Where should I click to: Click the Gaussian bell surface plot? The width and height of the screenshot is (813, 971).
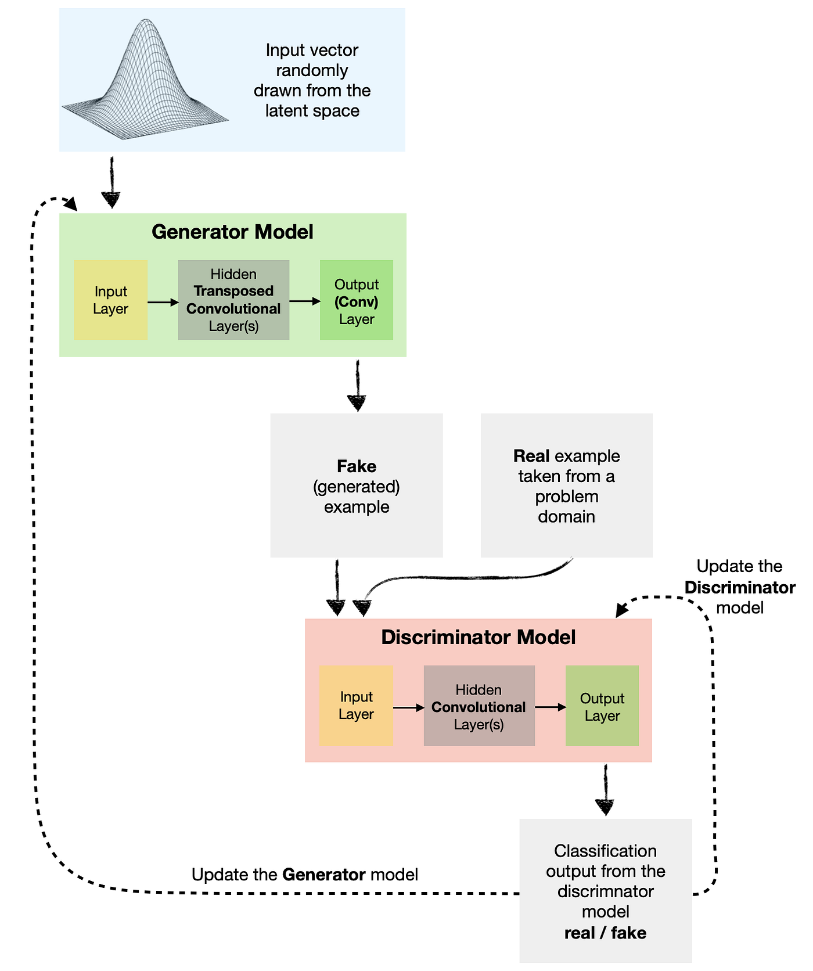(145, 81)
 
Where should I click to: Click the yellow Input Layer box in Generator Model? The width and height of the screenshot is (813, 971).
(110, 300)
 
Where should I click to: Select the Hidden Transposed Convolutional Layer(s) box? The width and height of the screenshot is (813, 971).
(233, 300)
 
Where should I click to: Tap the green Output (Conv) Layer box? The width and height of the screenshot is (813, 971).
(357, 300)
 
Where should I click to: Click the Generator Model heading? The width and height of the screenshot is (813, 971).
(232, 232)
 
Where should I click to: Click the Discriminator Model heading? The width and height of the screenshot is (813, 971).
(478, 637)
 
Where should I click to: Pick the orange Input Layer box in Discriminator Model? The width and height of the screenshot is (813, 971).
(356, 706)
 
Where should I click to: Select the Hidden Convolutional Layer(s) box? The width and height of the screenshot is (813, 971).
(479, 706)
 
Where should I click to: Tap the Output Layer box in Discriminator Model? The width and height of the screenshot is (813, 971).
(602, 706)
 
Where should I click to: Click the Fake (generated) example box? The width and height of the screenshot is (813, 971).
(356, 485)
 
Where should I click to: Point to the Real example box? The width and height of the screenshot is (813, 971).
(566, 485)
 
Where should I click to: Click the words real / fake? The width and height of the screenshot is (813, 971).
(605, 933)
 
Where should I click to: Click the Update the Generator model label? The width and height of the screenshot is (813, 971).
(304, 875)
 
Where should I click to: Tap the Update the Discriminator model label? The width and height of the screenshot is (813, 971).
(739, 587)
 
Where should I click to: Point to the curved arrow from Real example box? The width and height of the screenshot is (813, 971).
(465, 578)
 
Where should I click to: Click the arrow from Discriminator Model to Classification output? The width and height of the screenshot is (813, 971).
(605, 790)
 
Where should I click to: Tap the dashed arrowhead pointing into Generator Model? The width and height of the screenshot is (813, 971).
(71, 203)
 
